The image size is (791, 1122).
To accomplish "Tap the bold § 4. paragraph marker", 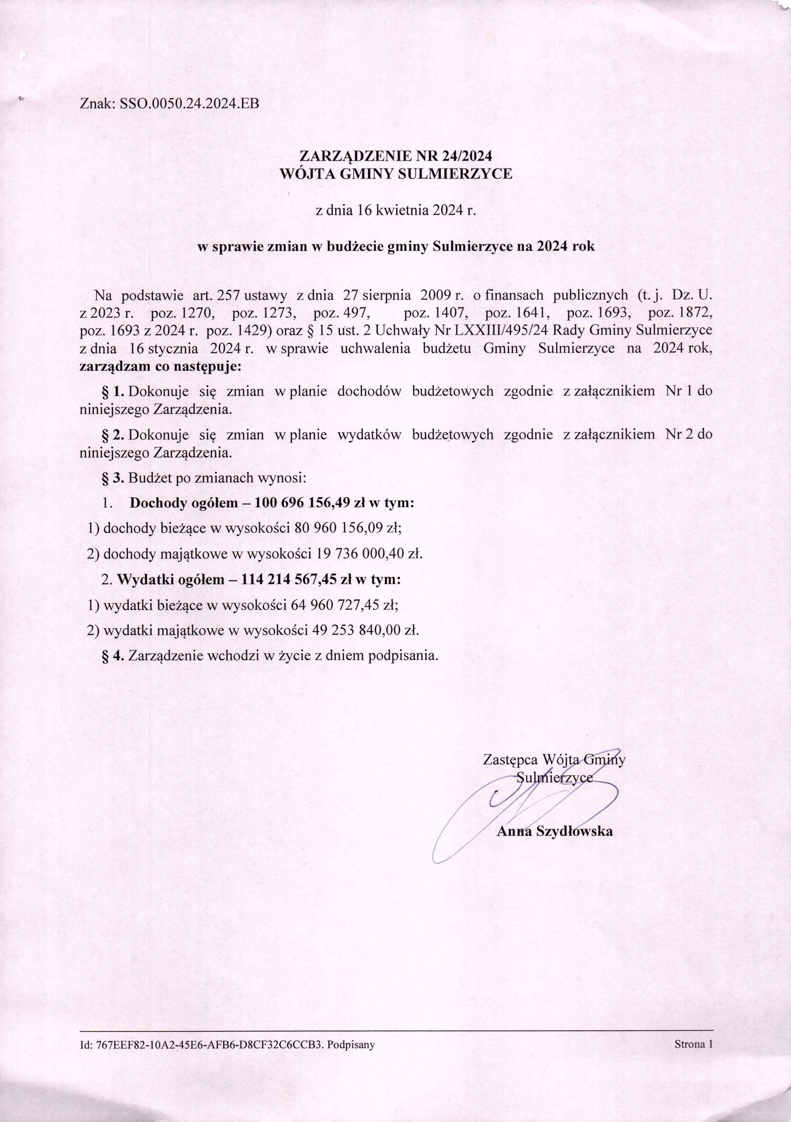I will coord(113,656).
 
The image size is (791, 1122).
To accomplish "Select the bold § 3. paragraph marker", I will coord(113,477).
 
